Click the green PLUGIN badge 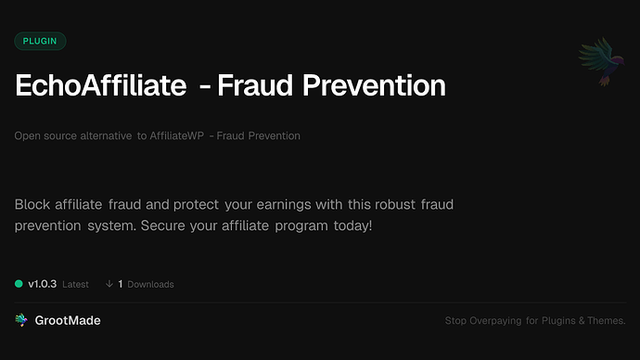point(40,41)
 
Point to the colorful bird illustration point(596,63)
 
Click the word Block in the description point(32,203)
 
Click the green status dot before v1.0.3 point(19,284)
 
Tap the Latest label point(76,284)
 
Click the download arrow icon point(109,284)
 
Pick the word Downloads point(151,284)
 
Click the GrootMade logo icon point(21,320)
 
